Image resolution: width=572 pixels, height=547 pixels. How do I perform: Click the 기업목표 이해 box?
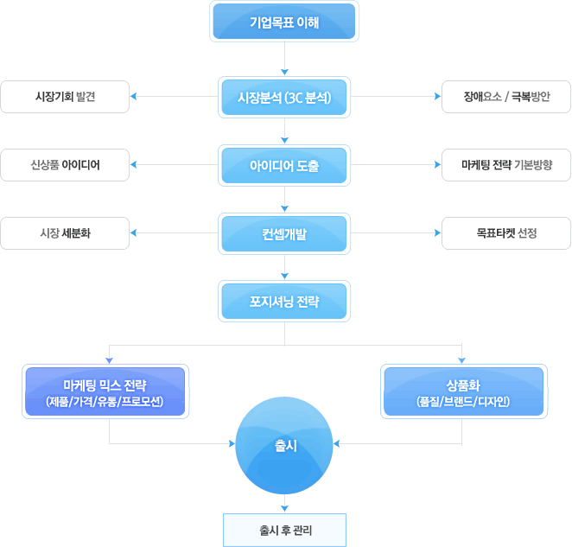(x=284, y=21)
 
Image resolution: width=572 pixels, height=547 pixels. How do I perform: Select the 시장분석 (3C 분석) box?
(x=284, y=97)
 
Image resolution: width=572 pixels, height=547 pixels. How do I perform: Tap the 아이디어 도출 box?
(x=284, y=165)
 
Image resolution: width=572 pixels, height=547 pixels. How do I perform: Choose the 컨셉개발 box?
(x=284, y=233)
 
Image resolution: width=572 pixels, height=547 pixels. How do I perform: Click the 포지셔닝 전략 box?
(x=284, y=301)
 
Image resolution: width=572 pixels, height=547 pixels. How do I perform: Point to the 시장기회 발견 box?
(x=65, y=97)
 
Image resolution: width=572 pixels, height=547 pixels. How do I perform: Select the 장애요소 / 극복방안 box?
(x=506, y=97)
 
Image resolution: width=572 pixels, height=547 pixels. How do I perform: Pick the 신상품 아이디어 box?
(x=65, y=165)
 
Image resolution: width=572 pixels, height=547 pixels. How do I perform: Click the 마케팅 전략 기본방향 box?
(x=506, y=165)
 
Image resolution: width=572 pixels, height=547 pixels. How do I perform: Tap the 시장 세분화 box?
(x=65, y=233)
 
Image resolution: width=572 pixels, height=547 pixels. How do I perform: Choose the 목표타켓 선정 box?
(x=506, y=233)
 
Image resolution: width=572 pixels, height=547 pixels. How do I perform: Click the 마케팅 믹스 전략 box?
(x=105, y=391)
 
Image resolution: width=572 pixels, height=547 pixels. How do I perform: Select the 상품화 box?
(x=464, y=391)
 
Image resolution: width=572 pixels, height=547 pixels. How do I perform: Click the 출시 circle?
(x=284, y=445)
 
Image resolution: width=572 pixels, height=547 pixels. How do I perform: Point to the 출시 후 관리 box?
(x=284, y=530)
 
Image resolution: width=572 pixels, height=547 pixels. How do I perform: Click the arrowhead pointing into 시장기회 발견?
(x=134, y=96)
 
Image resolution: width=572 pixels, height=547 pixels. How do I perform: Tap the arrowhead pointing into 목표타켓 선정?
(x=438, y=232)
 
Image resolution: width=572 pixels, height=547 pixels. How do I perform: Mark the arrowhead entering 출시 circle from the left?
(x=232, y=443)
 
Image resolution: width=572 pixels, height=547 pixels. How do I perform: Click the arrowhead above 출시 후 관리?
(x=284, y=509)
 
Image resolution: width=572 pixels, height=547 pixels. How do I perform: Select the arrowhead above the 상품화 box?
(x=461, y=360)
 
